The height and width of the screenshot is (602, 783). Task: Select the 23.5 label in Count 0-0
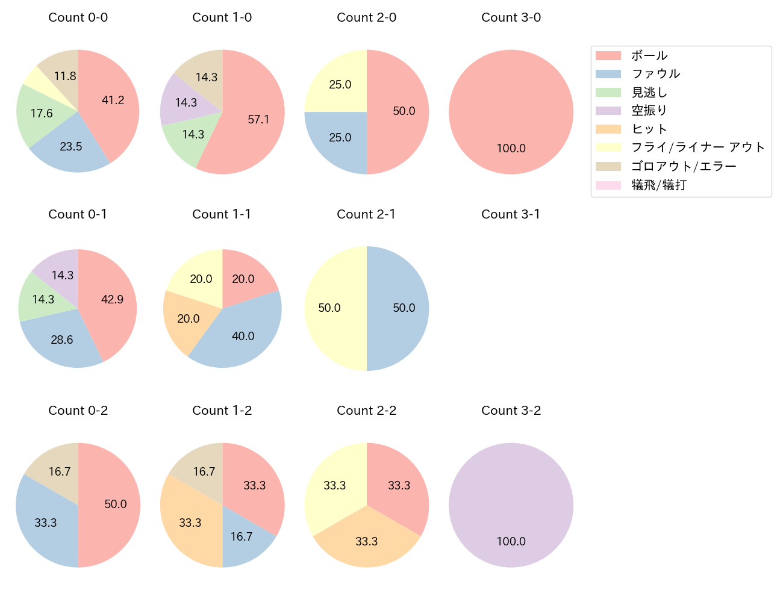pyautogui.click(x=71, y=146)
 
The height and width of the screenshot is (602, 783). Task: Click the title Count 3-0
pyautogui.click(x=511, y=17)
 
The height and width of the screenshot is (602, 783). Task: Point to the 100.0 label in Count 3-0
pyautogui.click(x=511, y=148)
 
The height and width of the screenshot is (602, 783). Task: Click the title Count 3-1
pyautogui.click(x=511, y=214)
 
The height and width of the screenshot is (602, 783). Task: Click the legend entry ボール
pyautogui.click(x=649, y=55)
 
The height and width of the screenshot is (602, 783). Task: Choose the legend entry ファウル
pyautogui.click(x=655, y=74)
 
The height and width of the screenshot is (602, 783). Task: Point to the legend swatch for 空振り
pyautogui.click(x=608, y=111)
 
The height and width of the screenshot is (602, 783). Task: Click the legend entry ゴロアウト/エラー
pyautogui.click(x=684, y=166)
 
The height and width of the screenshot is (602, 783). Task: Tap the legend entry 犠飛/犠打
pyautogui.click(x=658, y=185)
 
